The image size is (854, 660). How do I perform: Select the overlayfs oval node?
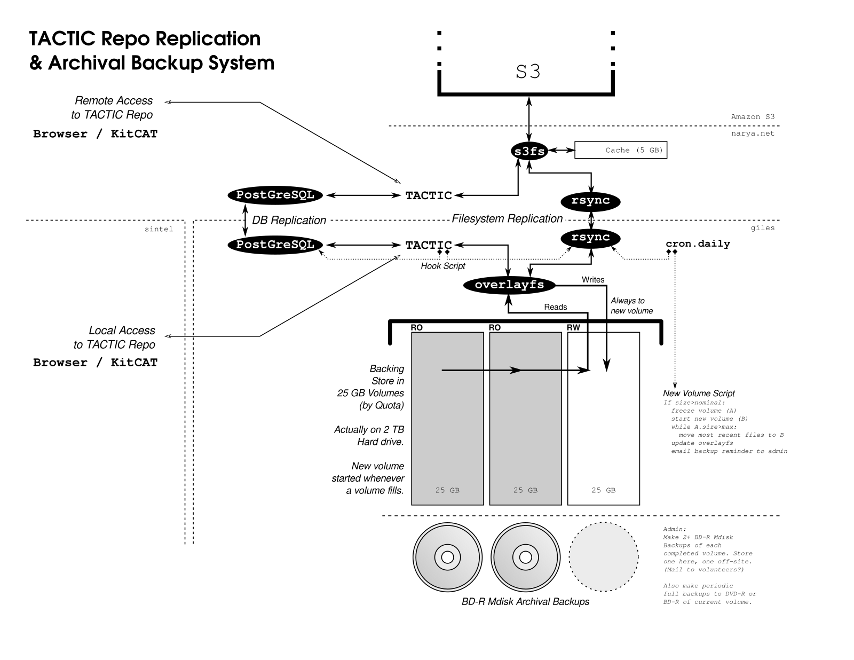tap(509, 285)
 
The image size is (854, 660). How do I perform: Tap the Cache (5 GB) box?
tap(621, 150)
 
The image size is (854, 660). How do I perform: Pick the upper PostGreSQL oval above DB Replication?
tap(275, 195)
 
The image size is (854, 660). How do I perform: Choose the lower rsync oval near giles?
tap(590, 238)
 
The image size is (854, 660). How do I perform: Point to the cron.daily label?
tap(698, 244)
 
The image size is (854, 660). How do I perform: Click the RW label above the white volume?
tap(574, 327)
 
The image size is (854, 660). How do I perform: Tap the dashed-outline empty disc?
tap(604, 557)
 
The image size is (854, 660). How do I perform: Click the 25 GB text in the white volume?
tap(604, 490)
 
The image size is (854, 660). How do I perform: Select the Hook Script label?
tap(443, 266)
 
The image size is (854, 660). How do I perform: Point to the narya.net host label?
tap(753, 133)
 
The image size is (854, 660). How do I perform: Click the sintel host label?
tap(159, 229)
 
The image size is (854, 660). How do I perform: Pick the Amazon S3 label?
tap(753, 117)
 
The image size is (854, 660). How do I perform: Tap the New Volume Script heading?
tap(699, 394)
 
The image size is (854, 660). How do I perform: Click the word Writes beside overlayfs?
tap(593, 280)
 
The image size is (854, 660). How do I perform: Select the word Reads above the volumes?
tap(555, 307)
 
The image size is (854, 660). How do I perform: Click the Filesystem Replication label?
tap(507, 218)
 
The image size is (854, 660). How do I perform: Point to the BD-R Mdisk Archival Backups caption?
tap(525, 602)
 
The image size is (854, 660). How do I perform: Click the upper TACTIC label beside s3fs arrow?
tap(429, 195)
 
